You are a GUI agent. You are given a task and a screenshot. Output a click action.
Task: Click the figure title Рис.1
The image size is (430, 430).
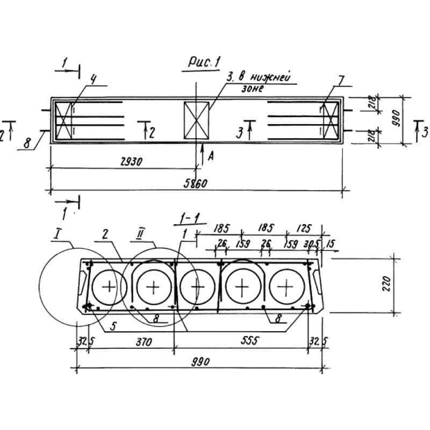point(204,63)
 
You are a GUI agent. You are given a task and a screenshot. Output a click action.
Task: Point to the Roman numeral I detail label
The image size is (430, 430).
point(58,235)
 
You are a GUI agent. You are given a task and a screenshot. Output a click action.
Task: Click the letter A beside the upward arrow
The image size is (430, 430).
point(210,155)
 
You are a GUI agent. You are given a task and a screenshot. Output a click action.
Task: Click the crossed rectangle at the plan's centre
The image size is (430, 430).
point(196,119)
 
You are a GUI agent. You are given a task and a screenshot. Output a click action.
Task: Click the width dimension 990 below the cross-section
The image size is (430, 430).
point(198,361)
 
